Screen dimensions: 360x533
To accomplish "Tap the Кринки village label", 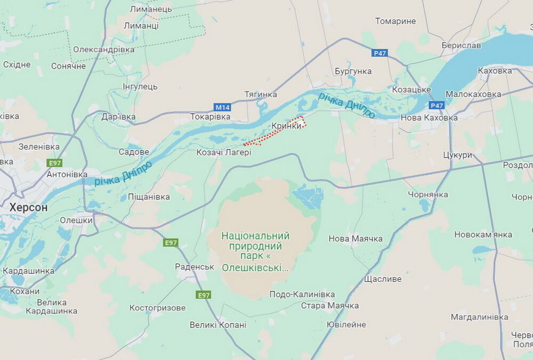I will pos(286,126).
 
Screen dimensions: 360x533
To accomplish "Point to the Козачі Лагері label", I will pos(224,152).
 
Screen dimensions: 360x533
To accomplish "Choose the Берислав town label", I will pos(461,45).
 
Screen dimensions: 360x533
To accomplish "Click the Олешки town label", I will pos(76,220).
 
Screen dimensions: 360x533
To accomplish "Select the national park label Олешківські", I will pos(255,251).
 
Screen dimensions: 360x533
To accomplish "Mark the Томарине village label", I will pos(395,21).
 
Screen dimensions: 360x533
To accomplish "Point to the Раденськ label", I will pos(195,267).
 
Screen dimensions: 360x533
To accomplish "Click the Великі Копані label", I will pos(218,324).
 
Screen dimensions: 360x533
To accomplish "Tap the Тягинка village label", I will pos(261,94).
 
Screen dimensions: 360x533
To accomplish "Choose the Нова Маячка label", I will pos(356,239).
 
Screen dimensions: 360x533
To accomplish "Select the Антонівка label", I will pos(67,174).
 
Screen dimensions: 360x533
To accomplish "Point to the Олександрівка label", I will pos(104,49).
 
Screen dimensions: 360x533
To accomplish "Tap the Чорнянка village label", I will pos(428,194).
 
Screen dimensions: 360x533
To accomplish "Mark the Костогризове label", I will pos(158,308).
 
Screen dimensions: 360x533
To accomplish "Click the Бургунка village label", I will pos(353,71).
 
